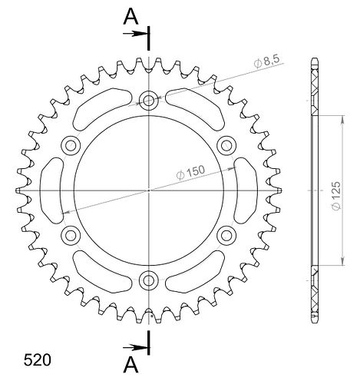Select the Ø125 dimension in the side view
click(335, 196)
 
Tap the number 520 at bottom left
click(38, 360)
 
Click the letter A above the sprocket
click(130, 17)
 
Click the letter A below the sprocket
click(130, 365)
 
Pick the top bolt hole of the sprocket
click(148, 101)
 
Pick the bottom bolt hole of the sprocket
click(148, 280)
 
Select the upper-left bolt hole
click(71, 146)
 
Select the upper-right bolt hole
click(226, 146)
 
